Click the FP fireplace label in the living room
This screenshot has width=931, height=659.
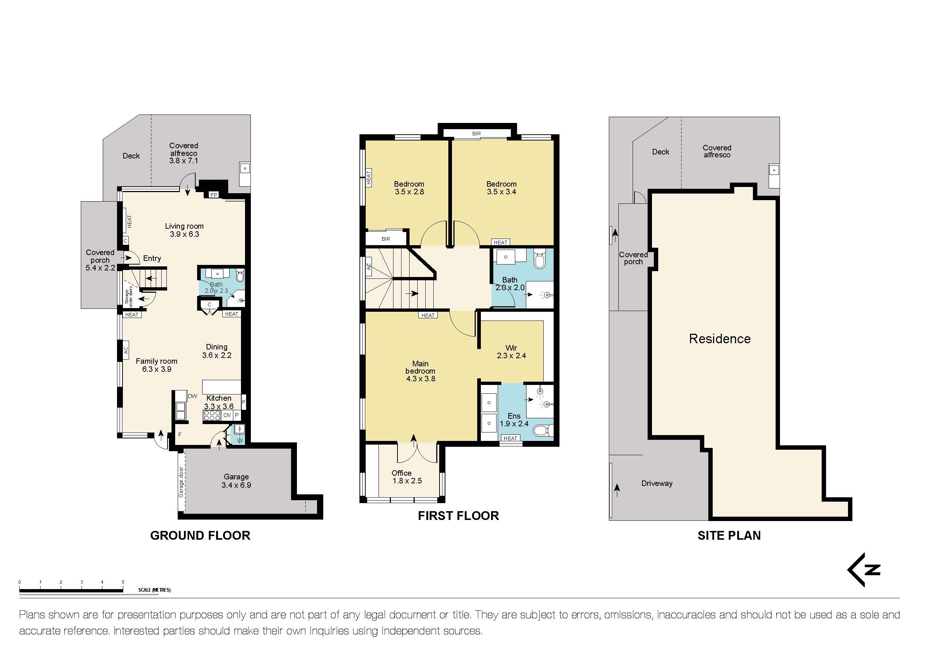coord(214,195)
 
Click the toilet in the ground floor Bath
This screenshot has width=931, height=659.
coord(240,277)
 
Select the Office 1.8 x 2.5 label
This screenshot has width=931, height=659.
coord(407,477)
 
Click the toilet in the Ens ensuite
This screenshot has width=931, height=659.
coord(541,430)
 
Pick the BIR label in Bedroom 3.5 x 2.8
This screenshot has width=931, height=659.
coord(386,239)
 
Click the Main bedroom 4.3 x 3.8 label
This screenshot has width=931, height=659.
coord(421,371)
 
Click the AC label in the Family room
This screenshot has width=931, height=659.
coord(126,350)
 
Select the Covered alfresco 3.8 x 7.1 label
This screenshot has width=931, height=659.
coord(184,153)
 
